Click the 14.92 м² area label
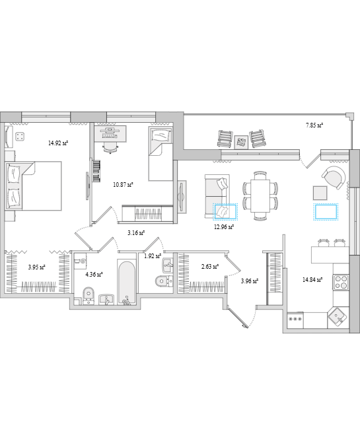pyautogui.click(x=58, y=143)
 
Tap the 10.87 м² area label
pyautogui.click(x=124, y=185)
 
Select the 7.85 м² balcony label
pyautogui.click(x=315, y=125)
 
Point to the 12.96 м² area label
pyautogui.click(x=224, y=226)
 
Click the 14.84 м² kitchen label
pyautogui.click(x=312, y=280)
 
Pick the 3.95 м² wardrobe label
pyautogui.click(x=36, y=267)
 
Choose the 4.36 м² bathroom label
pyautogui.click(x=94, y=274)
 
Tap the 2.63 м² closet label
pyautogui.click(x=210, y=267)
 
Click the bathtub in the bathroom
pyautogui.click(x=127, y=283)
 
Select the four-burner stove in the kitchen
pyautogui.click(x=341, y=282)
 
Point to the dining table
pyautogui.click(x=260, y=195)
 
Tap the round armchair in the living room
pyautogui.click(x=334, y=178)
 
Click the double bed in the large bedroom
pyautogui.click(x=34, y=186)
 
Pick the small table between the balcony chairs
pyautogui.click(x=241, y=141)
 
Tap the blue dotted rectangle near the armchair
pyautogui.click(x=326, y=212)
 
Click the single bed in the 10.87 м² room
pyautogui.click(x=161, y=154)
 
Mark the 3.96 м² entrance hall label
pyautogui.click(x=250, y=281)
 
